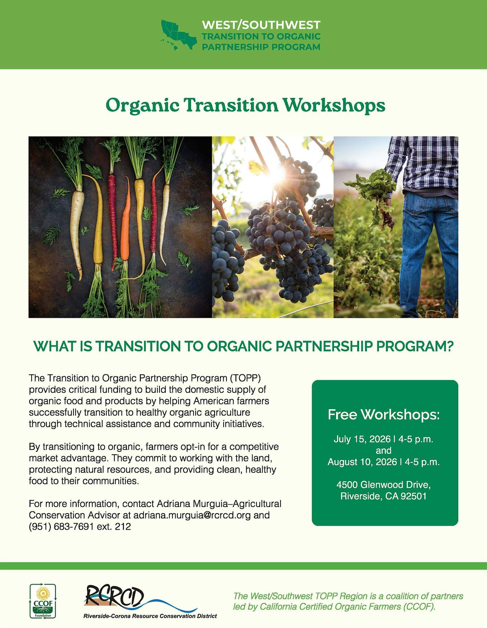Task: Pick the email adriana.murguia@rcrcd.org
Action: pos(192,515)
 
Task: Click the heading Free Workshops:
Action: pos(384,414)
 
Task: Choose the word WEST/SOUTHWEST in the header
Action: pos(261,25)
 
